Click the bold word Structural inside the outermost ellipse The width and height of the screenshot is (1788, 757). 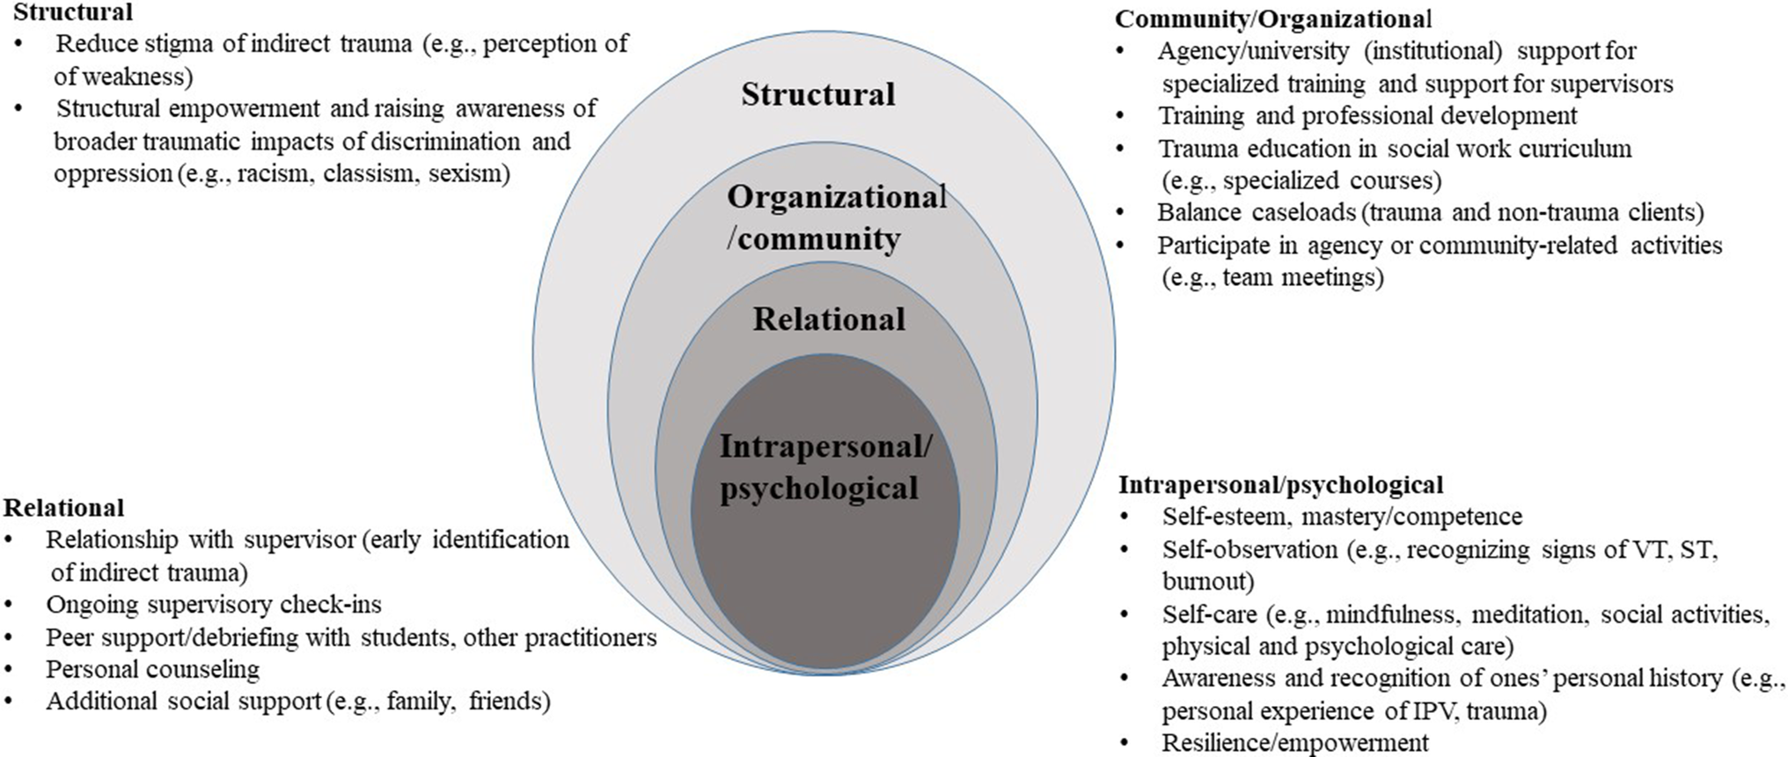click(817, 94)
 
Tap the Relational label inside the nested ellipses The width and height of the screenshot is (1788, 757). click(828, 319)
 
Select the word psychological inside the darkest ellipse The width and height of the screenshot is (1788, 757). click(818, 489)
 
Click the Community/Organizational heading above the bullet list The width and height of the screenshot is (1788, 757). click(1273, 18)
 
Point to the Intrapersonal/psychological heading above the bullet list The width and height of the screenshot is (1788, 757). click(1280, 484)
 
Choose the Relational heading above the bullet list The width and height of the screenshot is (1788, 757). click(63, 508)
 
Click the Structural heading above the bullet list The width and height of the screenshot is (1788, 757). click(73, 11)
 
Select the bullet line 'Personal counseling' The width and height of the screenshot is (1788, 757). click(152, 670)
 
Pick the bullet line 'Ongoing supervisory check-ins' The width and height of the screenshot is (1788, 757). click(214, 605)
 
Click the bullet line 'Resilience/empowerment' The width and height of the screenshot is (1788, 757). click(1294, 743)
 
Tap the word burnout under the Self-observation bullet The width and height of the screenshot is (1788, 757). click(1207, 582)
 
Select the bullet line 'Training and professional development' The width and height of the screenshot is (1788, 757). click(1367, 115)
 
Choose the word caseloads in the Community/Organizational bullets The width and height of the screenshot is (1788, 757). click(1289, 212)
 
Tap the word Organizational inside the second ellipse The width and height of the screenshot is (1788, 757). click(836, 197)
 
